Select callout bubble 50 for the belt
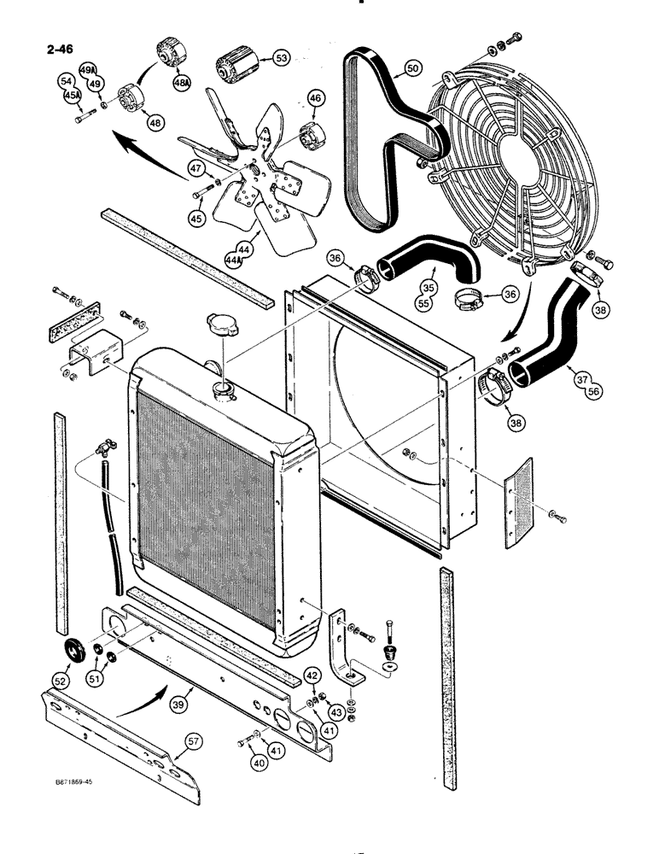(413, 67)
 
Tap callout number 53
(280, 58)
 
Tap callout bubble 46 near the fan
(315, 100)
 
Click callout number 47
(195, 167)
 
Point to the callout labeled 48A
(181, 84)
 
